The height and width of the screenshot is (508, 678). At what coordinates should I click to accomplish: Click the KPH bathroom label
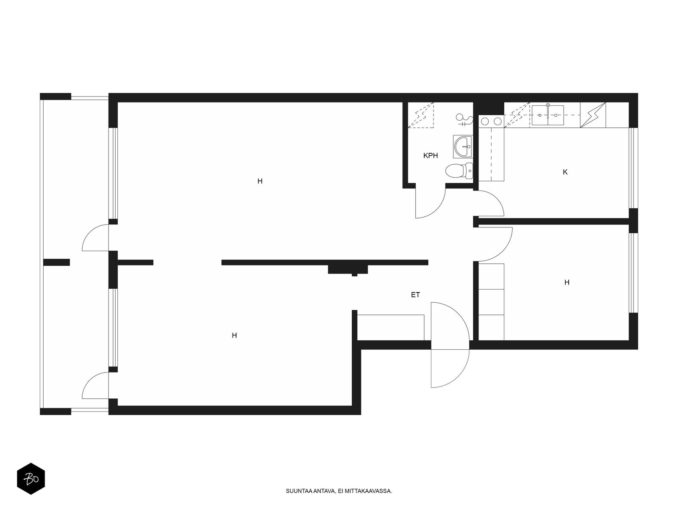[430, 156]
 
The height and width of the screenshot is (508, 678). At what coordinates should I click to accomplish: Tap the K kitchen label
[565, 172]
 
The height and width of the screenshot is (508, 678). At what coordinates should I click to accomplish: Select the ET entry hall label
[415, 295]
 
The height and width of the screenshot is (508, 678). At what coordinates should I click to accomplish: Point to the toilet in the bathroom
[459, 171]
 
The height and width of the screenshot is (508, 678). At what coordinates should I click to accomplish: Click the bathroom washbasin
[462, 146]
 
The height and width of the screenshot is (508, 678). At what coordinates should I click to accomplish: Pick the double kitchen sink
[547, 115]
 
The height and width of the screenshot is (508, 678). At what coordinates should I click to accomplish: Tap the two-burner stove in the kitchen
[491, 121]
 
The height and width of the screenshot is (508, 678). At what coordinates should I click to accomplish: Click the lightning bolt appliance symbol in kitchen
[593, 115]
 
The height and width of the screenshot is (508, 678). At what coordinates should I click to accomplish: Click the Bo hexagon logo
[31, 479]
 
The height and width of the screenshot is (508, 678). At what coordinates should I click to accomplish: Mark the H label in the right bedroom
[567, 282]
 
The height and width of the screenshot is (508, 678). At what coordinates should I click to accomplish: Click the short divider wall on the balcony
[56, 262]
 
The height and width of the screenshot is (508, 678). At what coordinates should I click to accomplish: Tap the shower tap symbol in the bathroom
[464, 119]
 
